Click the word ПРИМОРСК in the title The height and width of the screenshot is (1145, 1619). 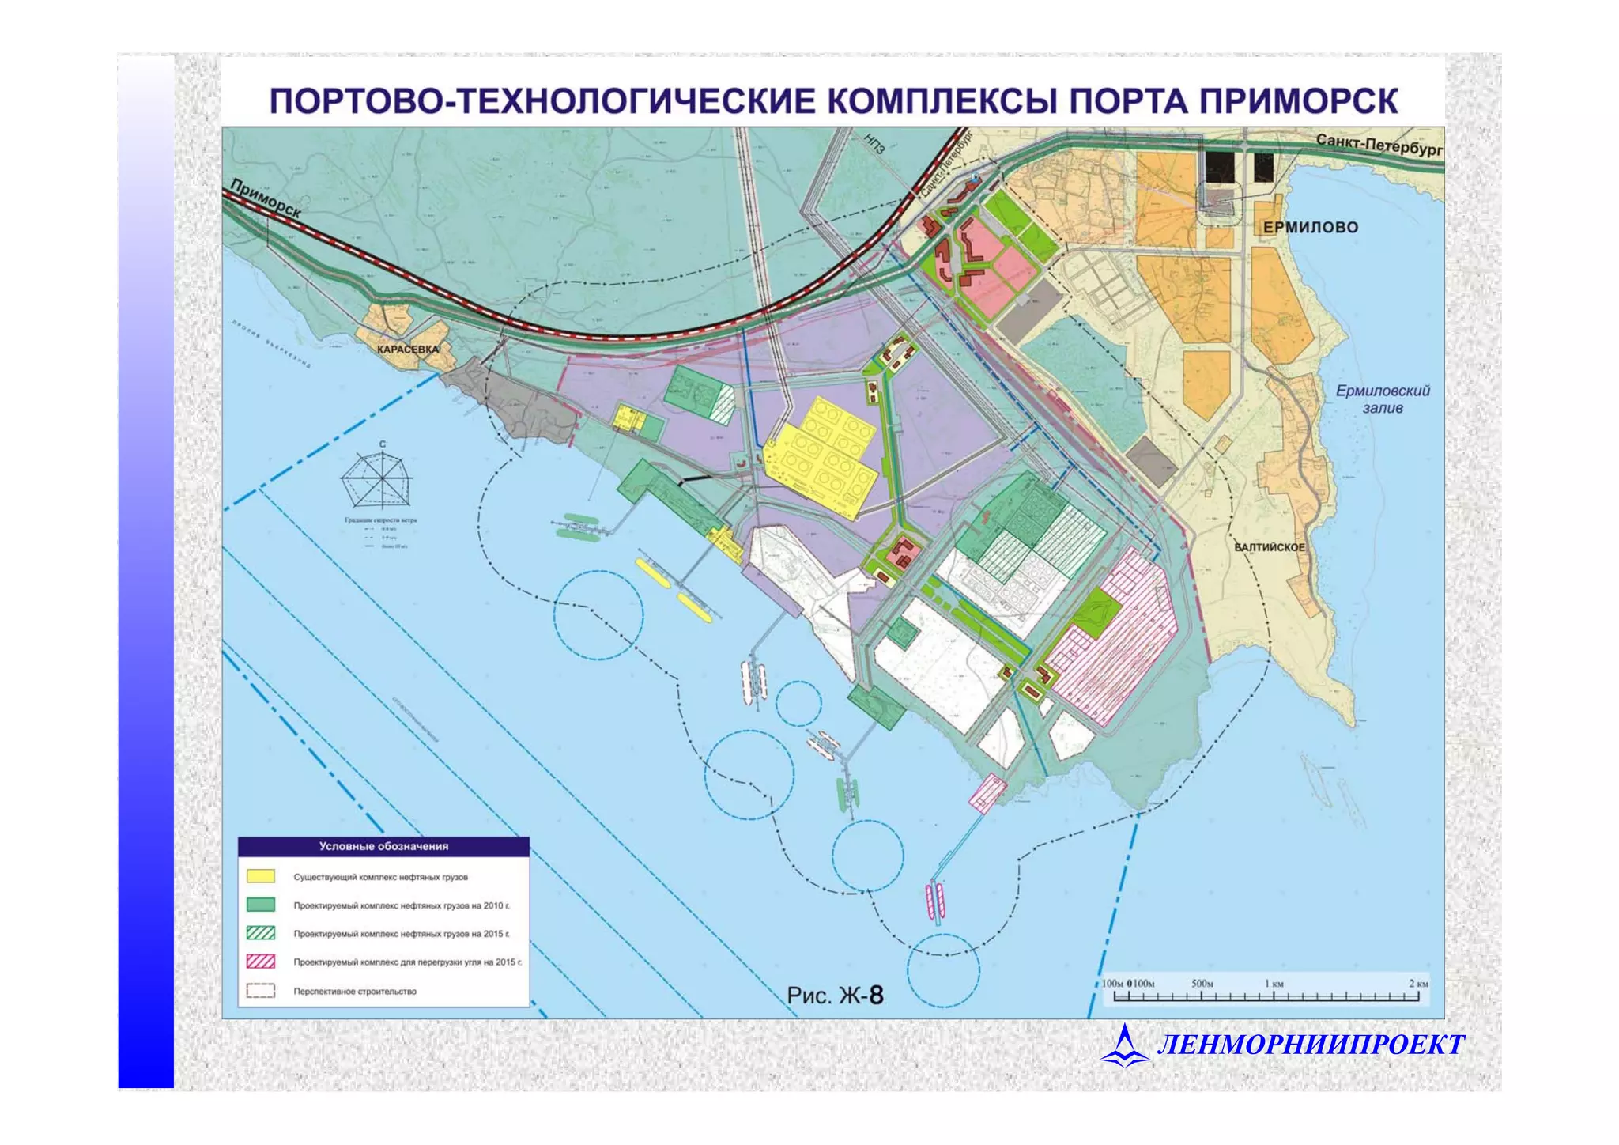[x=1297, y=102]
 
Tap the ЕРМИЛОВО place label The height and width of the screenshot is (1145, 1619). [x=1310, y=228]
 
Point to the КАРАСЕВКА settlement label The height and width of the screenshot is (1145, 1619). [x=407, y=350]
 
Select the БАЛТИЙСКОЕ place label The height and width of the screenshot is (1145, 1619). [x=1270, y=547]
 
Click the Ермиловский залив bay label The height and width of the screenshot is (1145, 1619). [x=1383, y=399]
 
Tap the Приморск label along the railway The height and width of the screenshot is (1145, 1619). [x=266, y=198]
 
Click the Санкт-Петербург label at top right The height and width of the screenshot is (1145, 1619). [x=1379, y=145]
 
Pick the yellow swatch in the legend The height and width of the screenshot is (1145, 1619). [x=261, y=876]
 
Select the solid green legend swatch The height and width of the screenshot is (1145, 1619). [x=261, y=905]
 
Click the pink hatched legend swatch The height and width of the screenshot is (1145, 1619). [x=261, y=962]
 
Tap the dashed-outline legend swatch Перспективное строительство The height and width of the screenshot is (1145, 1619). [x=261, y=991]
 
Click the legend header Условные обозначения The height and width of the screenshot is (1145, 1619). [x=383, y=846]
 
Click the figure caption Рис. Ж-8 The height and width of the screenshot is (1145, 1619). [x=835, y=995]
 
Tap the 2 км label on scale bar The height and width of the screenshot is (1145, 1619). [x=1418, y=984]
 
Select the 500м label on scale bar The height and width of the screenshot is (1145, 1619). [x=1202, y=984]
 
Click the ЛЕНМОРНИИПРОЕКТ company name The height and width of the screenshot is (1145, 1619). [x=1311, y=1045]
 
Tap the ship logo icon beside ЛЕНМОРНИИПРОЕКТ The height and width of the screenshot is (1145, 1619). [x=1124, y=1045]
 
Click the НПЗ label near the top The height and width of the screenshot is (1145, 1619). [x=874, y=143]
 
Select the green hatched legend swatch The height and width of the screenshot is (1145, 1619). [x=261, y=933]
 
